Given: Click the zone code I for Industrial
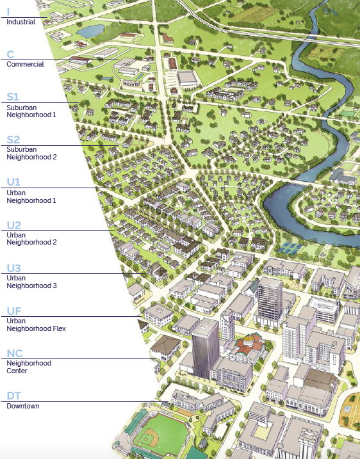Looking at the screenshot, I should tap(8, 11).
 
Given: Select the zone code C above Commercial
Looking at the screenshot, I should tap(10, 54).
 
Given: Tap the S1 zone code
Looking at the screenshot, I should tap(13, 97).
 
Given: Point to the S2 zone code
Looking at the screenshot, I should tap(13, 140).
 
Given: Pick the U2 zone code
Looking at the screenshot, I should tap(14, 225).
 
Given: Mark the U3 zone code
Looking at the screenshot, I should tap(14, 268).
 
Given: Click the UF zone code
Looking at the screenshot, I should tap(14, 311).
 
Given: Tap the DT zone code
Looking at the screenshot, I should tap(14, 396).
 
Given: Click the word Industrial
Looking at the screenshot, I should tap(20, 22).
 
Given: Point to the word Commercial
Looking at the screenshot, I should tap(25, 64).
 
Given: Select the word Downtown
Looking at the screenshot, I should tap(23, 407).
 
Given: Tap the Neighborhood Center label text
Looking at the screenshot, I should tap(29, 367).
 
